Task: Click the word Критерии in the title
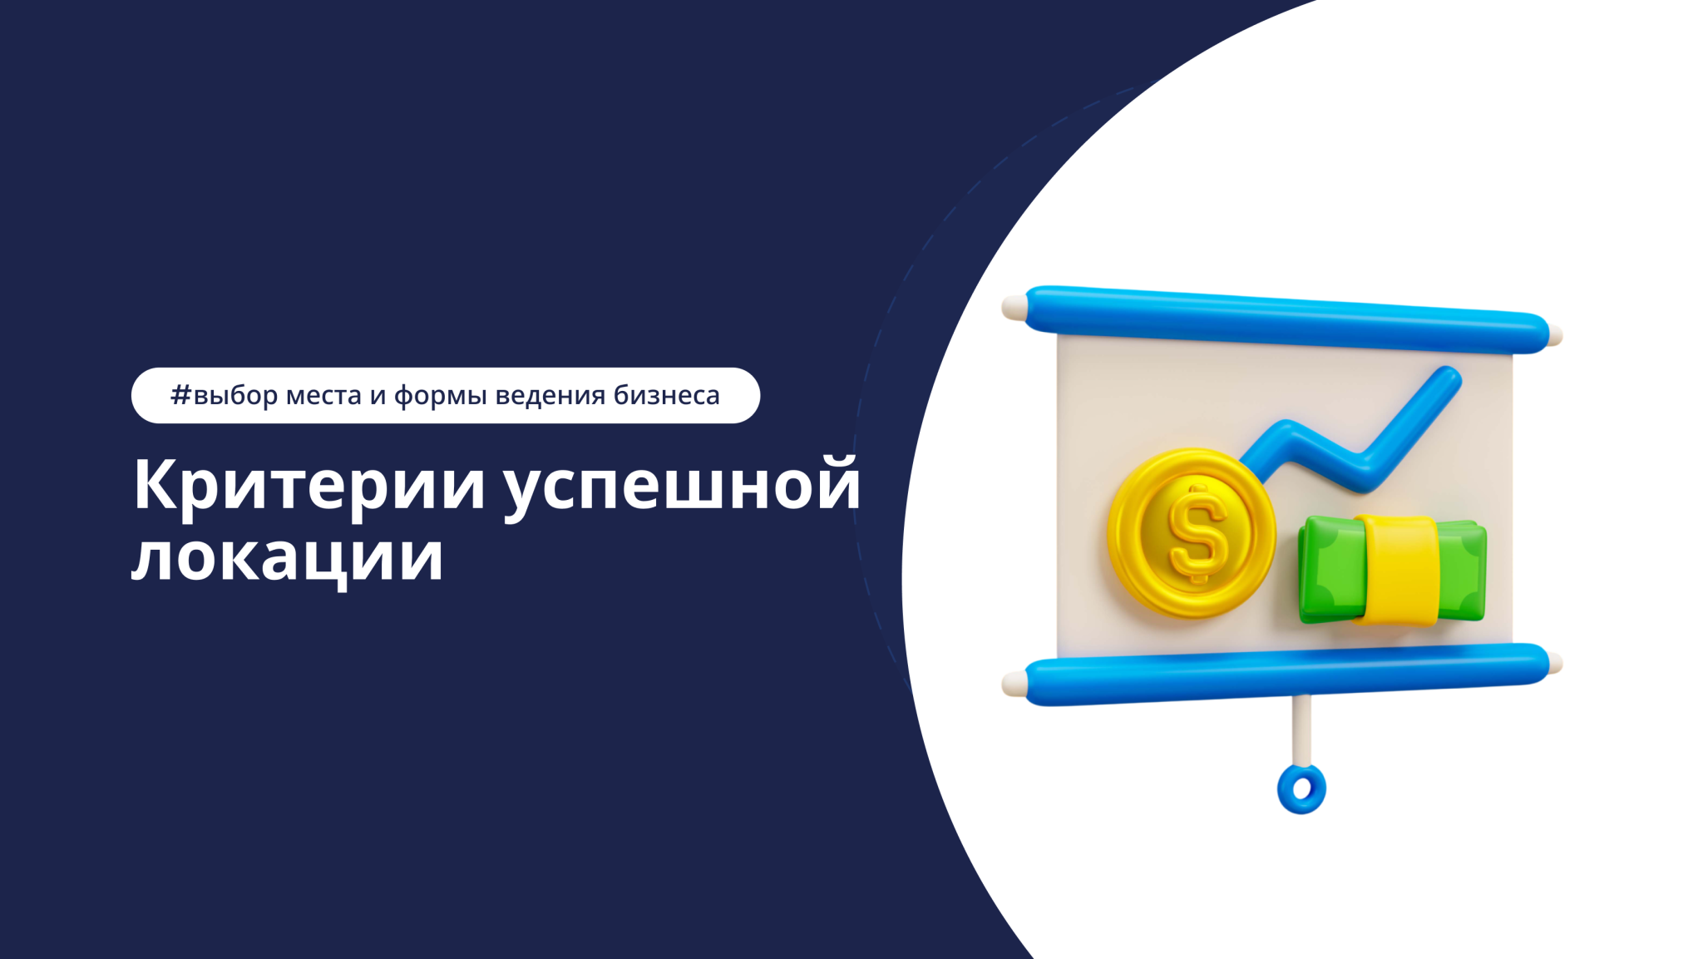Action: (x=309, y=485)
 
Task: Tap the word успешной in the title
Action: (x=682, y=487)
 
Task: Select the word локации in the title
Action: (x=287, y=556)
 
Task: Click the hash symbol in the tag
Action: (x=180, y=395)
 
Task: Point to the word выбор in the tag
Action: (x=236, y=396)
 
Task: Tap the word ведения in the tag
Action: (x=550, y=396)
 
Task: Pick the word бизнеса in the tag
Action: (x=666, y=396)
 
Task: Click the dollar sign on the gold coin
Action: (x=1197, y=533)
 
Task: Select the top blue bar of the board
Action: (x=1285, y=317)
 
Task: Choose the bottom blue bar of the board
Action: (x=1285, y=674)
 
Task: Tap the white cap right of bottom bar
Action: (x=1555, y=665)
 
